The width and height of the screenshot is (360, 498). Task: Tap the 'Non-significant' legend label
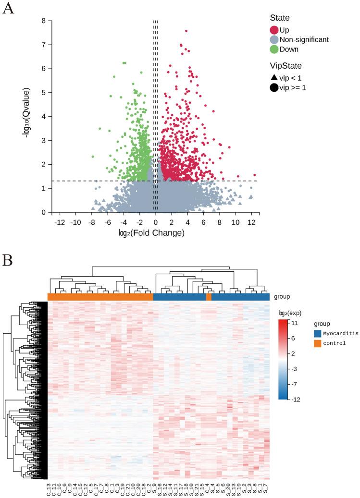(x=304, y=40)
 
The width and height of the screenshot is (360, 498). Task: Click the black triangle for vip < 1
(x=274, y=77)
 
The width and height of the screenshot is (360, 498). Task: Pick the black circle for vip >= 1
(x=274, y=87)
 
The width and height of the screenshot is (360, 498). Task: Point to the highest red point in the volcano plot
(x=186, y=31)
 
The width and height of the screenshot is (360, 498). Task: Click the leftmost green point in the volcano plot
(x=93, y=157)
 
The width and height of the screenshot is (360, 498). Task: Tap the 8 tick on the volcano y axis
(x=44, y=21)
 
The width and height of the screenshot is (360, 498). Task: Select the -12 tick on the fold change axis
(x=60, y=222)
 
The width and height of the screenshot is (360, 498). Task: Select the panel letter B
(x=8, y=260)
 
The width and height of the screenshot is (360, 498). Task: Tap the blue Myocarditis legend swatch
(x=317, y=333)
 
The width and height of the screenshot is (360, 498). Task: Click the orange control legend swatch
(x=317, y=343)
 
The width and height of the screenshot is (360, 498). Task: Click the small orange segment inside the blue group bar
(x=209, y=297)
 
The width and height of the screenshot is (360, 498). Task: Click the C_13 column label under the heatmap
(x=49, y=488)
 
